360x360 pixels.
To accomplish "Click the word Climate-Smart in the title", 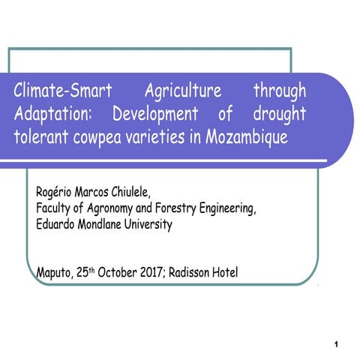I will click(62, 91).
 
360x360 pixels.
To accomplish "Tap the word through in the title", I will click(280, 91).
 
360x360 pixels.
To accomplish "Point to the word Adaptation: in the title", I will click(55, 115).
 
